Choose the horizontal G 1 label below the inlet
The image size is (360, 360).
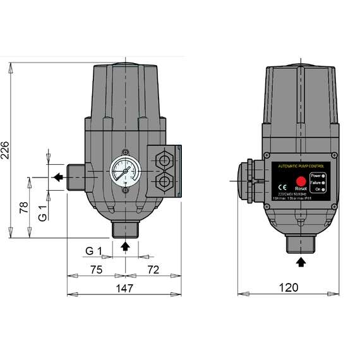93,251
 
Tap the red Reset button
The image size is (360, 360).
301,181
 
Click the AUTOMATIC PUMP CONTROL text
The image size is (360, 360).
299,165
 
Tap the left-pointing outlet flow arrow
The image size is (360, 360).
57,177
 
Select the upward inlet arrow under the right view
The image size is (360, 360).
301,259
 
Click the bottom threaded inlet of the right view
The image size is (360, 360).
301,241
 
